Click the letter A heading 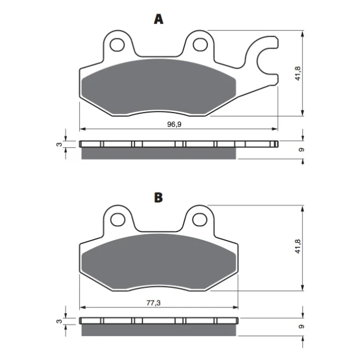pyautogui.click(x=158, y=19)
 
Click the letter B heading pyautogui.click(x=158, y=197)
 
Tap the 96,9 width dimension pyautogui.click(x=174, y=124)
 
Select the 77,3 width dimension pyautogui.click(x=153, y=303)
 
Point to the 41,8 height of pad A pyautogui.click(x=298, y=74)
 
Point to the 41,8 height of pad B pyautogui.click(x=298, y=246)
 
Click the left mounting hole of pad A pyautogui.click(x=117, y=45)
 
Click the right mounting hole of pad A pyautogui.click(x=200, y=45)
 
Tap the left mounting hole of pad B pyautogui.click(x=118, y=220)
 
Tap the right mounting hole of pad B pyautogui.click(x=200, y=220)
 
